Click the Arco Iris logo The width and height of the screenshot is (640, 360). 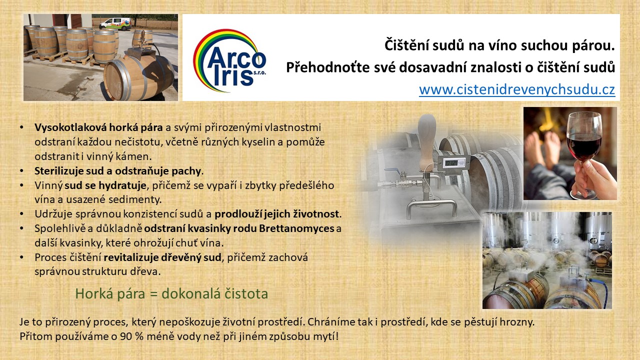(229, 61)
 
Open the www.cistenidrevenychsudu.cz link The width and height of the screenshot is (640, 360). (517, 89)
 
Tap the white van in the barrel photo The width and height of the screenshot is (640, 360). (115, 23)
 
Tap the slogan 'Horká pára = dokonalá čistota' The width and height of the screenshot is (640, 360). (171, 293)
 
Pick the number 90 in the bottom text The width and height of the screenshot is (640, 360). (125, 336)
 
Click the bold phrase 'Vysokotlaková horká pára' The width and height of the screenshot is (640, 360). (98, 127)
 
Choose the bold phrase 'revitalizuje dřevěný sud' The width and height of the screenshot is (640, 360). (162, 257)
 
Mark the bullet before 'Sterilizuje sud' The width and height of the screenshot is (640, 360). (21, 171)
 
